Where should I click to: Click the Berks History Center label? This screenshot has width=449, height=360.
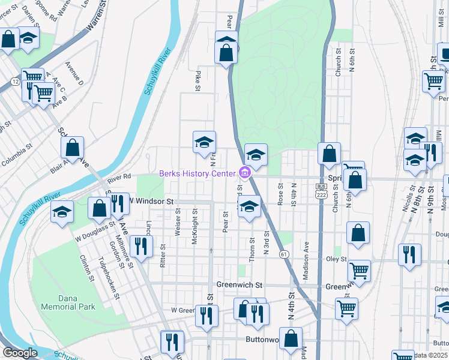click(x=197, y=173)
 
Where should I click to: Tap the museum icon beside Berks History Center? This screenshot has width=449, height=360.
click(x=244, y=173)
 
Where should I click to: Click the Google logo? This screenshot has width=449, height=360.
click(x=20, y=353)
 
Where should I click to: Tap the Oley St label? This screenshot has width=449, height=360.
click(x=337, y=259)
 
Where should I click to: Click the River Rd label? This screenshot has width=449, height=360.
click(x=119, y=176)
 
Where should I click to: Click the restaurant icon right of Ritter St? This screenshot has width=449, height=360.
click(x=141, y=245)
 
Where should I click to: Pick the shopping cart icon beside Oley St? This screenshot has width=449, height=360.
click(x=359, y=269)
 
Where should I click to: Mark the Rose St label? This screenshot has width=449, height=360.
click(x=280, y=194)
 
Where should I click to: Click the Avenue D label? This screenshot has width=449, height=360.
click(x=74, y=72)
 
